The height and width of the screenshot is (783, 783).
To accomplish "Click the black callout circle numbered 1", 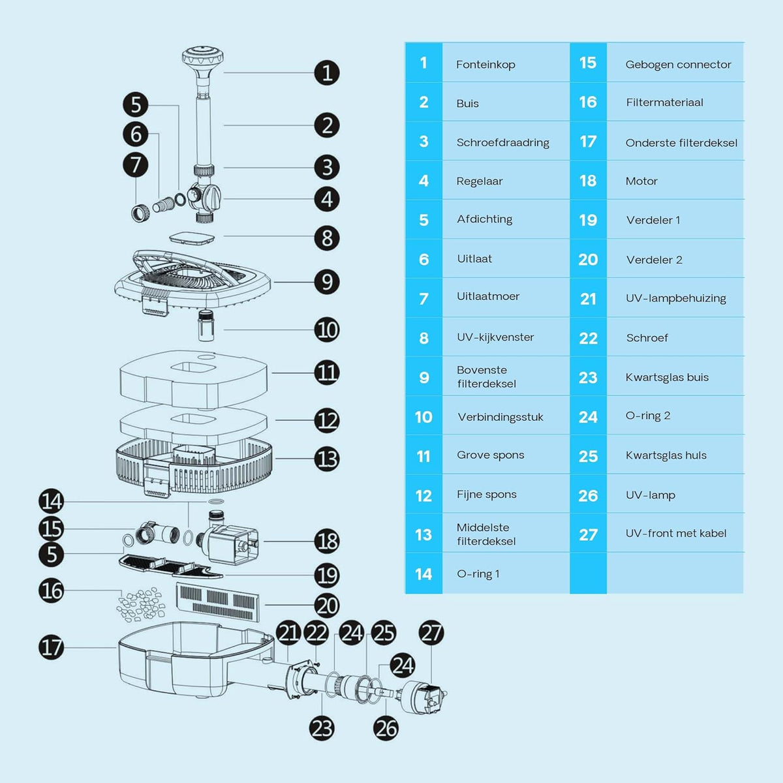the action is point(327,73).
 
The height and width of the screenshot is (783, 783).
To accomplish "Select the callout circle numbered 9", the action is point(327,282).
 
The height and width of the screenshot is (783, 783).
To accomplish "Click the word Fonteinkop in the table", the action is point(485,65).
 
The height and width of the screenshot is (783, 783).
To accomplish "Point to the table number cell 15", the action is point(588,63).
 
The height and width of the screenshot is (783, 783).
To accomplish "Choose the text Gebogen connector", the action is point(678,64).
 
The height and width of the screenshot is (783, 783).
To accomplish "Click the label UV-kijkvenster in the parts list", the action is point(495,337).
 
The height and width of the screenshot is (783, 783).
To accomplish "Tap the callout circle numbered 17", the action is point(52,647).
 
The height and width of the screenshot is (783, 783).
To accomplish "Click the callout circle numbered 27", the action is point(431,633).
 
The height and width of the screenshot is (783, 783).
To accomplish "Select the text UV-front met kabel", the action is point(676,533).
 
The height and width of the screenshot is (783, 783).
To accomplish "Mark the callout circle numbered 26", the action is point(386,728).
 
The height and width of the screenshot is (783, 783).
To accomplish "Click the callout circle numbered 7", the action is point(136,164).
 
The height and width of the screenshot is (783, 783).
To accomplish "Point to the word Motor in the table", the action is point(641,181).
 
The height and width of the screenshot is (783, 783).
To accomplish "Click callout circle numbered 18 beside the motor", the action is point(327,541).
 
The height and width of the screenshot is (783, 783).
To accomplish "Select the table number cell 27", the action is point(588,534).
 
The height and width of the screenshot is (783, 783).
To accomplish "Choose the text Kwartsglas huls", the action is point(666,455).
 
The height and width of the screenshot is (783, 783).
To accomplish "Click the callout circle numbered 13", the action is point(327,459).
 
